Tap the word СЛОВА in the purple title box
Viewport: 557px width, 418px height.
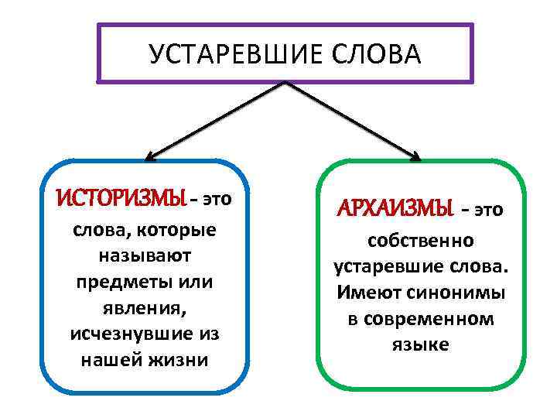pyautogui.click(x=371, y=54)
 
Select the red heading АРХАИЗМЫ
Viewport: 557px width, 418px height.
pyautogui.click(x=394, y=209)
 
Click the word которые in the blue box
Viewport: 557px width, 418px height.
pyautogui.click(x=177, y=231)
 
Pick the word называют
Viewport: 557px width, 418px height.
pyautogui.click(x=145, y=256)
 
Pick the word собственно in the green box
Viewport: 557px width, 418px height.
pyautogui.click(x=421, y=241)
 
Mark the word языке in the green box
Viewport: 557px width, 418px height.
pyautogui.click(x=421, y=344)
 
